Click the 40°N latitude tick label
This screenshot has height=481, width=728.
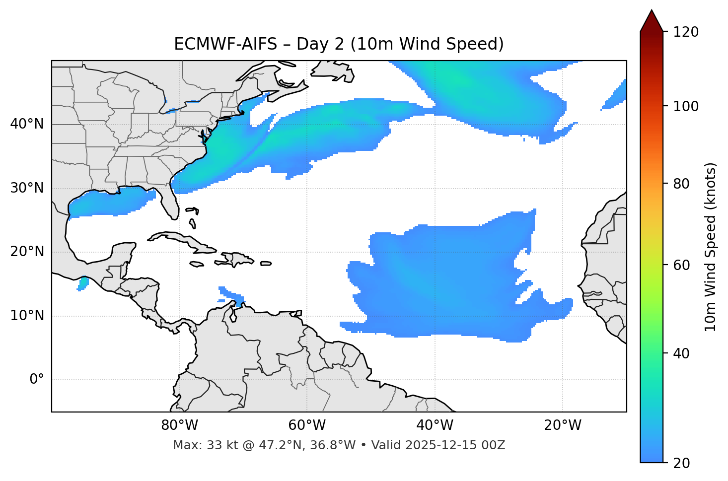tap(27, 124)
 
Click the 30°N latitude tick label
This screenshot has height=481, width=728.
tap(27, 188)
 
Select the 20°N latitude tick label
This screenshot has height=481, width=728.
tap(27, 252)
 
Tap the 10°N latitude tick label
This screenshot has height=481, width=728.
tap(27, 316)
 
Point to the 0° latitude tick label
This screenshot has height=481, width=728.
tap(36, 380)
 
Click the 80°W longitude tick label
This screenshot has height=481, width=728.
tap(179, 425)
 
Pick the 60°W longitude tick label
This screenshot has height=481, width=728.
tap(307, 425)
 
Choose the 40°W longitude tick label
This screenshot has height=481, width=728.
tap(435, 425)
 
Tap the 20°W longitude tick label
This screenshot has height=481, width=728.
tap(563, 425)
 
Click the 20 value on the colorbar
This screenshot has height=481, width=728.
tap(682, 463)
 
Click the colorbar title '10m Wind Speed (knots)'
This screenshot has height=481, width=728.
tap(711, 247)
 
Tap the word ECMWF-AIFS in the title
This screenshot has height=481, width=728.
tap(225, 44)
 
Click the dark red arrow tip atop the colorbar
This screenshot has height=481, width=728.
tap(652, 20)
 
